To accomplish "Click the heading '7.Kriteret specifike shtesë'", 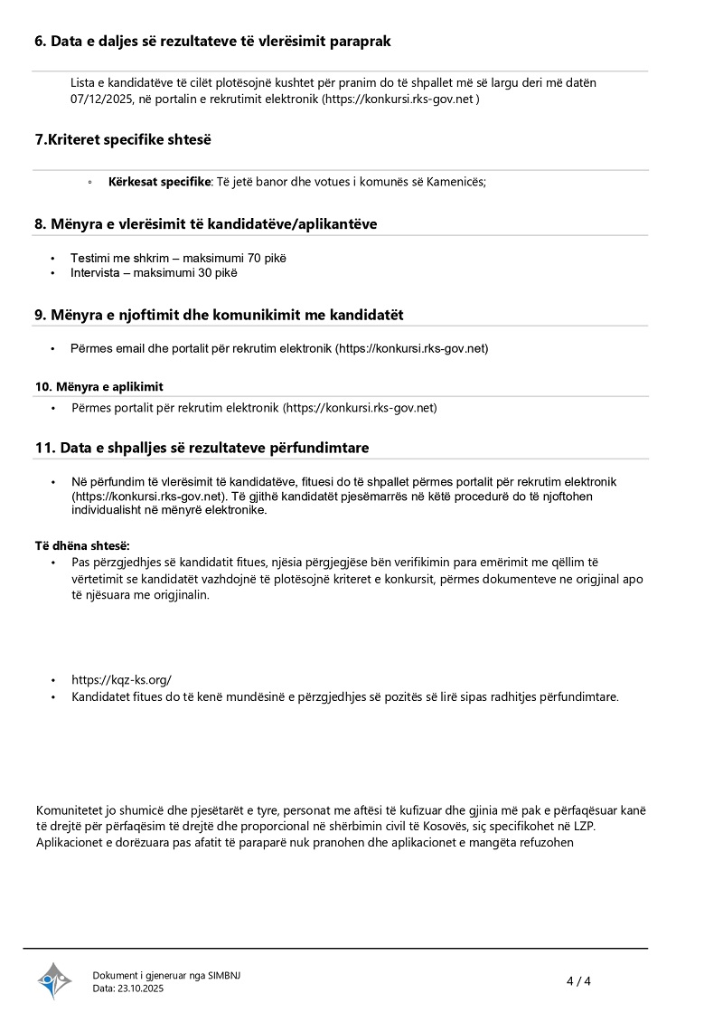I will [123, 139].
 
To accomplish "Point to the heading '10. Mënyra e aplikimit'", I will [99, 386].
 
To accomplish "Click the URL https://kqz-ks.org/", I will [121, 679].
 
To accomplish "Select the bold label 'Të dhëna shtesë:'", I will [82, 545].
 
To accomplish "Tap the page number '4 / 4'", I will [578, 981].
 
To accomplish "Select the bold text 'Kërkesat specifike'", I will [159, 182].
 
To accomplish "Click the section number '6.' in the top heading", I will [41, 41].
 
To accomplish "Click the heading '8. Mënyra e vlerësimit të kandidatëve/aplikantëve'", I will [205, 223].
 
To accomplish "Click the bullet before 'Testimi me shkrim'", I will [53, 259].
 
